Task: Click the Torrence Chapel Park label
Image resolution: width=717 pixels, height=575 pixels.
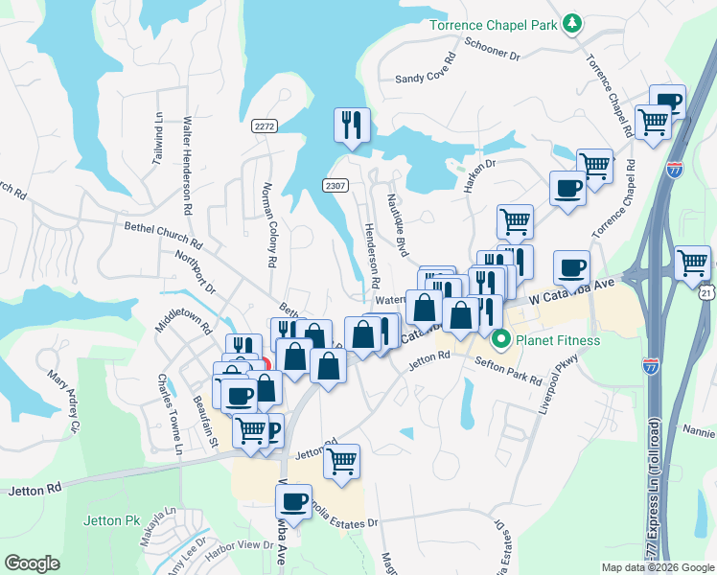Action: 494,24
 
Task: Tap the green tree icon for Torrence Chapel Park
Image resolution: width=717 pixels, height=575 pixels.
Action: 572,22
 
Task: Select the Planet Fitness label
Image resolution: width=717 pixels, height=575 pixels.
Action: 557,340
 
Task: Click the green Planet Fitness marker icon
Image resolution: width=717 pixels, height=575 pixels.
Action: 499,339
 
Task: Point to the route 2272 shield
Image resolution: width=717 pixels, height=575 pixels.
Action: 265,126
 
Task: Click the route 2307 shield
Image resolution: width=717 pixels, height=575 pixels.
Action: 335,186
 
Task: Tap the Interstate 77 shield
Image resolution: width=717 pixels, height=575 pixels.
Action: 675,171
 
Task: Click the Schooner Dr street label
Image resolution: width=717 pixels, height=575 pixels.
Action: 491,50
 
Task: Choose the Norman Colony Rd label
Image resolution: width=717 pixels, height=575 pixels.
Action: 270,223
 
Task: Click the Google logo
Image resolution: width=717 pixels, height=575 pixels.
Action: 32,563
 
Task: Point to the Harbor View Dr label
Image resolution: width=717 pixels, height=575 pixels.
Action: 241,545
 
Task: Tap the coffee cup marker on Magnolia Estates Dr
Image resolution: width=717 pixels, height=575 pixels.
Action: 293,501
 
